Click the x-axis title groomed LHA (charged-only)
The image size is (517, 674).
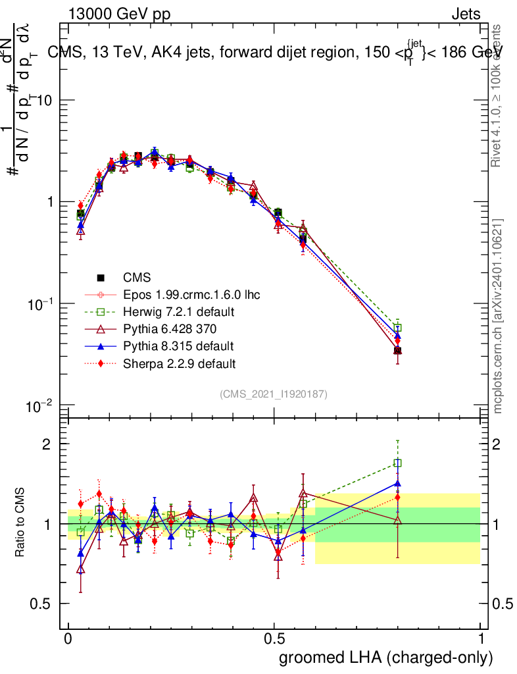pos(386,658)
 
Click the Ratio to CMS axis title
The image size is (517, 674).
pos(21,523)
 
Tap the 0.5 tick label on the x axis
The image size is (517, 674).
pos(274,639)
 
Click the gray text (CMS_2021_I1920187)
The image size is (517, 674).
pos(274,394)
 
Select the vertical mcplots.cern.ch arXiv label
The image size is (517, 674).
pos(499,316)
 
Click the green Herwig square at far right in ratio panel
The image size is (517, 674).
pos(397,463)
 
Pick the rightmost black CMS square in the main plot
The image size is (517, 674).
pos(397,351)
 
